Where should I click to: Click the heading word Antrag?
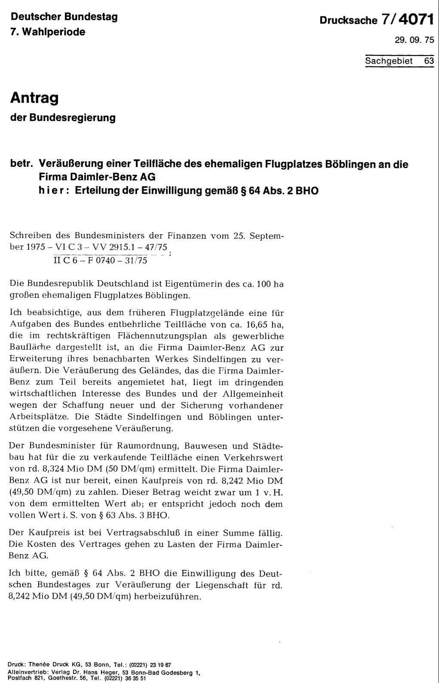tap(34, 98)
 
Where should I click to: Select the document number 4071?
tap(416, 20)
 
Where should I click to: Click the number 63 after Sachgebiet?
tap(429, 61)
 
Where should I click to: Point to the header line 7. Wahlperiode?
tap(48, 32)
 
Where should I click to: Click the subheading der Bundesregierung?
tap(63, 117)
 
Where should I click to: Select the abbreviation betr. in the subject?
tap(22, 164)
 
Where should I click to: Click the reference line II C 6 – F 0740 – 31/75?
tap(100, 260)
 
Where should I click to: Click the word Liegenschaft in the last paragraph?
tap(209, 585)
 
